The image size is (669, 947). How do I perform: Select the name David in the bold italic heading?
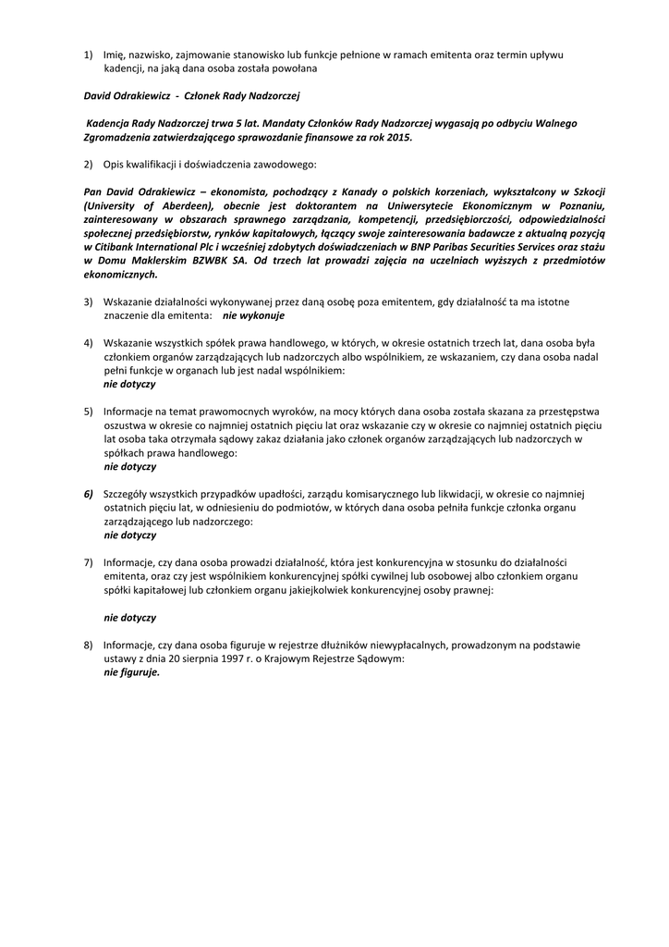pyautogui.click(x=99, y=96)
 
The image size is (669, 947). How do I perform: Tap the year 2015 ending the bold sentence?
pyautogui.click(x=396, y=137)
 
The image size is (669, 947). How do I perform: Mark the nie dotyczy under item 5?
pyautogui.click(x=129, y=466)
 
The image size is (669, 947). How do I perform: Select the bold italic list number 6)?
pyautogui.click(x=90, y=494)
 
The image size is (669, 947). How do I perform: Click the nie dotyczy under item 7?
pyautogui.click(x=129, y=617)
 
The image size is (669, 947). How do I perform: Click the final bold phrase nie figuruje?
pyautogui.click(x=131, y=672)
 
